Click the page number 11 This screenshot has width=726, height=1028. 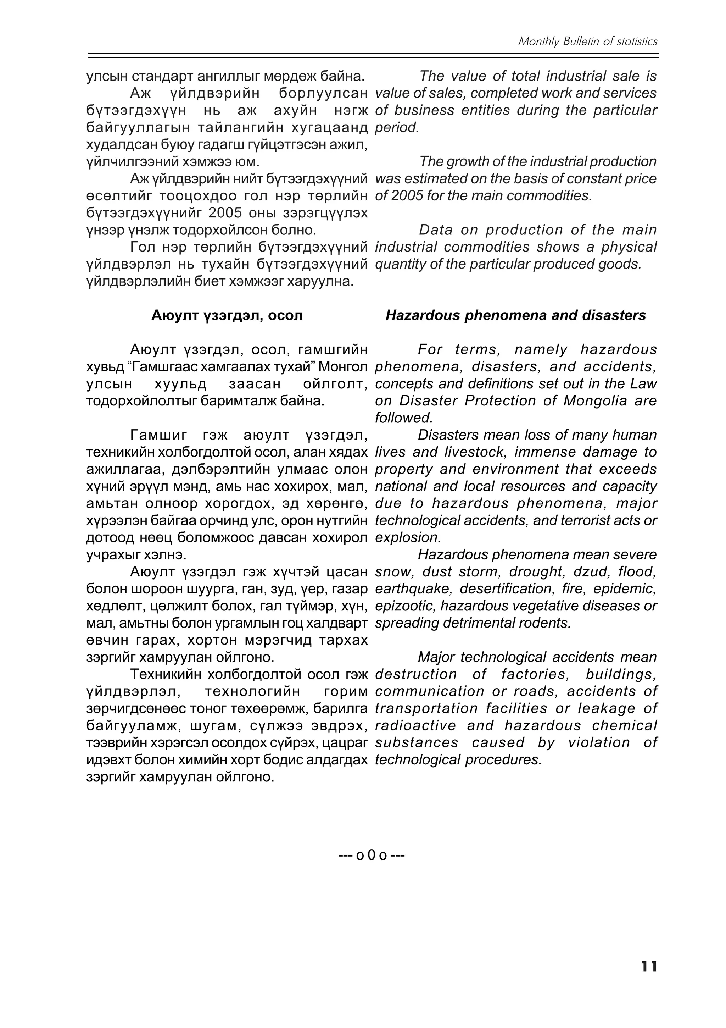click(x=649, y=979)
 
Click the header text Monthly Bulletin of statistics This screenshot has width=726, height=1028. click(x=587, y=42)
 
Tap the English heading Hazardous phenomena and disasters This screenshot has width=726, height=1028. click(x=515, y=315)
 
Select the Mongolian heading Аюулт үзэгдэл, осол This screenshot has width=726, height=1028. click(x=227, y=315)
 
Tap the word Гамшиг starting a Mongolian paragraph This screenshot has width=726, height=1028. click(x=159, y=435)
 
